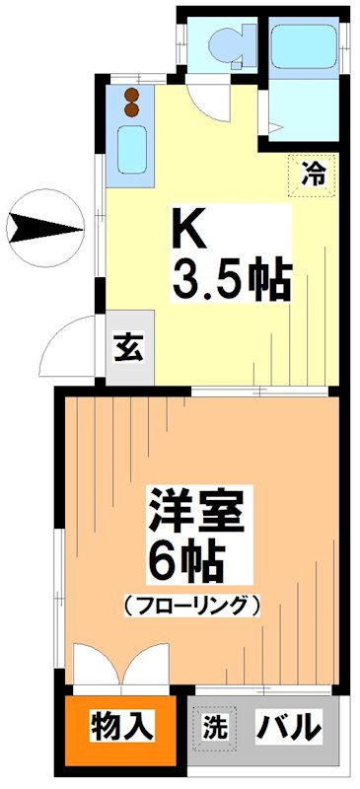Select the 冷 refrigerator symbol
click(313, 175)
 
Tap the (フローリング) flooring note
click(192, 603)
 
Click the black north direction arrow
click(44, 230)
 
